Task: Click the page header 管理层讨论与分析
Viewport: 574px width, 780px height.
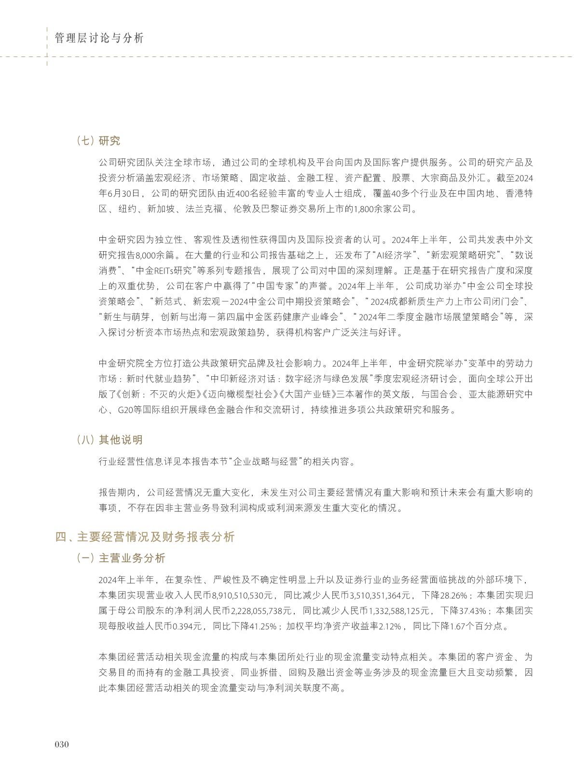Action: coord(99,39)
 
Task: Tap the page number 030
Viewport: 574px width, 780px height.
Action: coord(62,744)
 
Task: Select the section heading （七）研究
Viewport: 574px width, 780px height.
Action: coord(98,141)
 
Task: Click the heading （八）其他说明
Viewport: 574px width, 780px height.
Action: coord(109,440)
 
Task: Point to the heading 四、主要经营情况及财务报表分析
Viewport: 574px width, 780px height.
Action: coord(145,537)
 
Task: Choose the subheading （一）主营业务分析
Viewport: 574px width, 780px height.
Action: coord(121,558)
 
